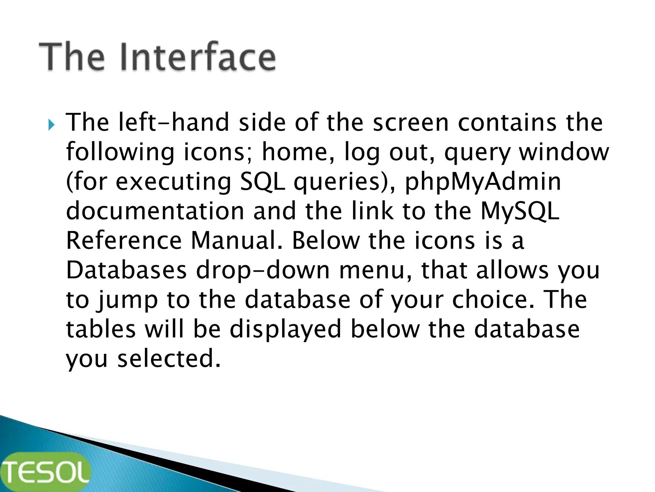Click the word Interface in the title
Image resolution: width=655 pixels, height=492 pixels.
coord(198,57)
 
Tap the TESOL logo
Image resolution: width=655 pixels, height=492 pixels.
coord(45,472)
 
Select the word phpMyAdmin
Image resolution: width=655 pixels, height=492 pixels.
coord(483,182)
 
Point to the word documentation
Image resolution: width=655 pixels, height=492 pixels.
coord(155,211)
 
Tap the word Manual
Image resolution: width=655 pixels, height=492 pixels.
coord(237,241)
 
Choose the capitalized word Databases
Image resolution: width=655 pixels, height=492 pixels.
coord(126,270)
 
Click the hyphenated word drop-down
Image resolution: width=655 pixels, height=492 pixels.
coord(262,270)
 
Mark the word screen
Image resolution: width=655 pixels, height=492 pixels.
coord(411,123)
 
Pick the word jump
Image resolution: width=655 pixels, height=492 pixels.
coord(128,300)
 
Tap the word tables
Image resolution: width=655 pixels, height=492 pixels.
coord(101,329)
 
